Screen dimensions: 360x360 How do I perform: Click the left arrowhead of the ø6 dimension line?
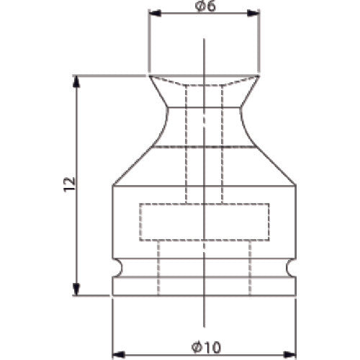point(153,13)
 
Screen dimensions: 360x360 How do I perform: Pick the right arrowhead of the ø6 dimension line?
point(255,13)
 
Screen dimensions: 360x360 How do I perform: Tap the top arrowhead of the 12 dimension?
point(76,79)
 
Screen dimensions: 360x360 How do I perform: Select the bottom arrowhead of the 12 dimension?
point(76,291)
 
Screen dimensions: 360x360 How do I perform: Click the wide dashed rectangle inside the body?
point(204,222)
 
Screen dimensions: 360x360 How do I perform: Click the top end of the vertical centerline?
point(204,40)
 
